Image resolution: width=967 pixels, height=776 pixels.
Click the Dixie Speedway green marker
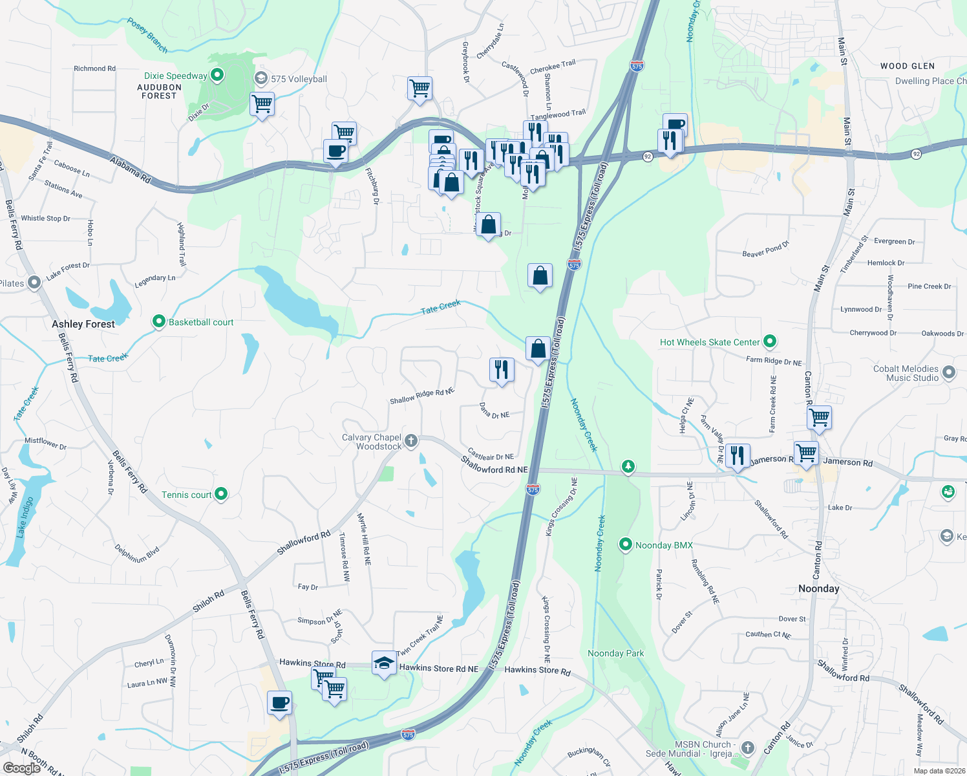tap(217, 76)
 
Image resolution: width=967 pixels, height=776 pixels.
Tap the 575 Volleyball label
tap(299, 79)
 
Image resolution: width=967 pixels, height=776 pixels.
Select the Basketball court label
tap(201, 322)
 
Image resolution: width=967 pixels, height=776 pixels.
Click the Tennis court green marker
tap(221, 495)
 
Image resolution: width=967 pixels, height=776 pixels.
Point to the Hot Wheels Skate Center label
tap(710, 342)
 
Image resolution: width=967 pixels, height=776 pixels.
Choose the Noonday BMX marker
tap(625, 545)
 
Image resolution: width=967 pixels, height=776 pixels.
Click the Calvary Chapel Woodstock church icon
tap(410, 442)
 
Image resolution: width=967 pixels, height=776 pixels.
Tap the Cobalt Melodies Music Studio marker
tap(949, 372)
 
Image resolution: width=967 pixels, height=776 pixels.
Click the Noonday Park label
tap(615, 653)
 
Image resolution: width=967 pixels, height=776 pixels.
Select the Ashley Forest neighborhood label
tap(83, 324)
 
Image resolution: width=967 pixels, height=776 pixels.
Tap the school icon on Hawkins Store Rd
tap(384, 663)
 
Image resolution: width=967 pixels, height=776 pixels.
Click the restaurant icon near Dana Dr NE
tap(502, 370)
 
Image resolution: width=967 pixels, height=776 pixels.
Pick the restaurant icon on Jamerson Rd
tap(737, 455)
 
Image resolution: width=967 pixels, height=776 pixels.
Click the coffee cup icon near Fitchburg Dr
tap(335, 152)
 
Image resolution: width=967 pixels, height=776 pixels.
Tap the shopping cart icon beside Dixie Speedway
tap(262, 103)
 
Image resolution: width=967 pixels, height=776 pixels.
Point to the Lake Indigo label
tap(25, 517)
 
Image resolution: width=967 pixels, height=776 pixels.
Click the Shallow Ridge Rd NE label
tap(421, 396)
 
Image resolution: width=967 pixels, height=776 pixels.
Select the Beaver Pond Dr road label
tap(765, 250)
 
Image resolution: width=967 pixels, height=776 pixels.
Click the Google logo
tap(22, 768)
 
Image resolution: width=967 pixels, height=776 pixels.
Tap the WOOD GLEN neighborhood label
tap(907, 66)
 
